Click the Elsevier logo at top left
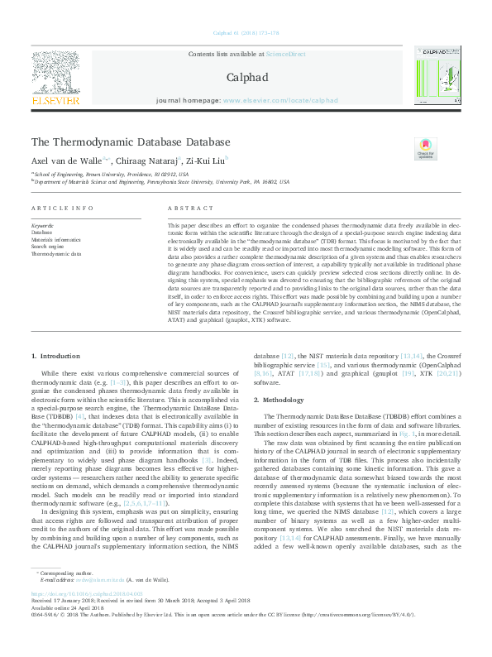(55, 79)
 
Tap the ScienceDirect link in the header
(285, 54)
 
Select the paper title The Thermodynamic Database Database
(131, 142)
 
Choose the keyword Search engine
(47, 247)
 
